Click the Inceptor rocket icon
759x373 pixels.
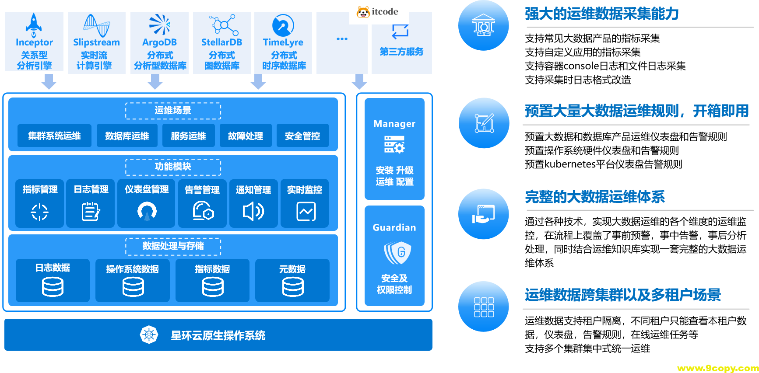[x=34, y=23]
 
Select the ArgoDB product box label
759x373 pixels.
[x=159, y=42]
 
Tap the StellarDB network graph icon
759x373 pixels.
[x=224, y=25]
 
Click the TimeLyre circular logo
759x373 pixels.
[x=283, y=25]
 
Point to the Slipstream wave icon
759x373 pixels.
[x=96, y=25]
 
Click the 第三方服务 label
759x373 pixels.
[x=401, y=52]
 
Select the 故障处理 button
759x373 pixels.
[x=245, y=136]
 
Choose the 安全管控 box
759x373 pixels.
[x=302, y=136]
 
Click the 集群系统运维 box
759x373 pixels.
[x=54, y=136]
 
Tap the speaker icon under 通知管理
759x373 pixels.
[x=253, y=212]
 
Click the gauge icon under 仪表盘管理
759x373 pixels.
[x=147, y=211]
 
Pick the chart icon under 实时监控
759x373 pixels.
[x=306, y=212]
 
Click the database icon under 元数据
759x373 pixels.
[x=293, y=287]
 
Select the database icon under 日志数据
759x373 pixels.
[x=53, y=287]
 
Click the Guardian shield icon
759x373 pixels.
[x=397, y=253]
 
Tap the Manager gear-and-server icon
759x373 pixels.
[x=394, y=144]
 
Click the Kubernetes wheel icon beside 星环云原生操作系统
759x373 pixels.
[x=149, y=335]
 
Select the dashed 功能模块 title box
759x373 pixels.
[x=173, y=167]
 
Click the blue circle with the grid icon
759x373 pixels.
[x=484, y=307]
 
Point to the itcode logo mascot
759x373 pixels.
[x=363, y=12]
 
